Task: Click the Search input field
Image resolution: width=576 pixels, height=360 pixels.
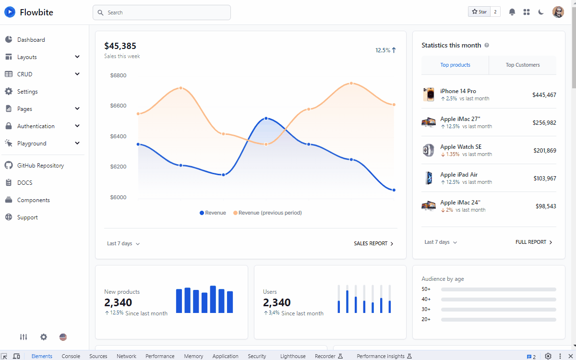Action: [161, 12]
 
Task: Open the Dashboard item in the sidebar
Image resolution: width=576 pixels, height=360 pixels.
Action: [31, 40]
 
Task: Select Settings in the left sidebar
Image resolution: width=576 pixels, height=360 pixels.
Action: [27, 92]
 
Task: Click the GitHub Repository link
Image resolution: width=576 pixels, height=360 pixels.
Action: [40, 166]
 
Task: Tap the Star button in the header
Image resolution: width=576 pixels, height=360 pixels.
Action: [479, 12]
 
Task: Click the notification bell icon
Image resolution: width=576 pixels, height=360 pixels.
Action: [512, 12]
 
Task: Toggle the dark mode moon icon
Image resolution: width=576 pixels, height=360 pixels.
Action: [541, 12]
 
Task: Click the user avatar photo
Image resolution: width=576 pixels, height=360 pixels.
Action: [558, 12]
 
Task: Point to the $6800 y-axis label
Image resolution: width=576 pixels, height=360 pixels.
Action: [118, 75]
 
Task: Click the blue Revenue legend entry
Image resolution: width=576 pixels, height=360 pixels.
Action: [213, 213]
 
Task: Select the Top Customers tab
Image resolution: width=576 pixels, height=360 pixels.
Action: [522, 65]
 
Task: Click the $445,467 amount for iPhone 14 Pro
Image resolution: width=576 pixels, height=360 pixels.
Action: [544, 95]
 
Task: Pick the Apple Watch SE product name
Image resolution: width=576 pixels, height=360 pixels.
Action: [460, 147]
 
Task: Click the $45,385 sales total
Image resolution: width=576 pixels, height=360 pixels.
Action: [120, 46]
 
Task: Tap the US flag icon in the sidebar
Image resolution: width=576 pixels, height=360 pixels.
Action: [63, 337]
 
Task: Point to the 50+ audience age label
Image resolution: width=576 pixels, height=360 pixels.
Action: [426, 289]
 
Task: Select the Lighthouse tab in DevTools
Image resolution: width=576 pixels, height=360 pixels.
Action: [293, 356]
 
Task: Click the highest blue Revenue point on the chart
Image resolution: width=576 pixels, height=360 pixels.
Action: [266, 118]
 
